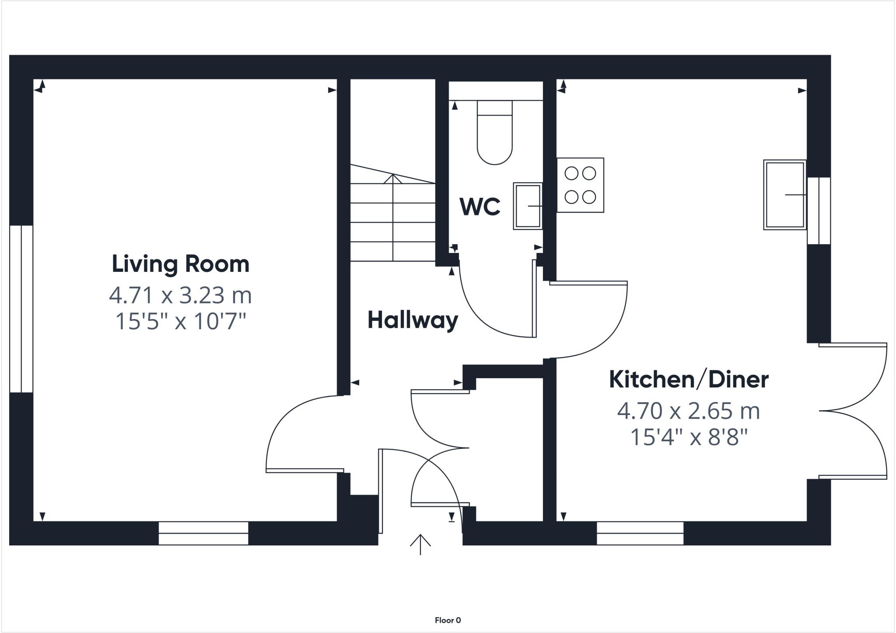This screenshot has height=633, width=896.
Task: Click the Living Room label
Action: [180, 264]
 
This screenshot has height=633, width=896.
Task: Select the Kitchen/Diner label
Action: [689, 380]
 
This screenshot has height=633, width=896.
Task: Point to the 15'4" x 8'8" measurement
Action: [689, 437]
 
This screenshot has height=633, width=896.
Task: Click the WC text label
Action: [480, 207]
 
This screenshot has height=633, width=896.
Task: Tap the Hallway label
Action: [413, 320]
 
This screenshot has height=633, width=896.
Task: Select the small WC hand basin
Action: [528, 206]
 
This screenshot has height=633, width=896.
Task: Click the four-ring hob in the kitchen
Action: [580, 185]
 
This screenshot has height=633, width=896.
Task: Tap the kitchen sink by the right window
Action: [785, 194]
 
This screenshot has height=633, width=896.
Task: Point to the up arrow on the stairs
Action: [393, 179]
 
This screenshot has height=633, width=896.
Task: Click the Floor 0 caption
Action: [448, 620]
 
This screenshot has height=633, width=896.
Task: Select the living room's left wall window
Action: [21, 309]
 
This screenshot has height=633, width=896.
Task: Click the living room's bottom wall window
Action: [203, 533]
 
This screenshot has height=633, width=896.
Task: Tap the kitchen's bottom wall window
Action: [640, 533]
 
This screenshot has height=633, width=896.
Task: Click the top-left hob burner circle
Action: [571, 174]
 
